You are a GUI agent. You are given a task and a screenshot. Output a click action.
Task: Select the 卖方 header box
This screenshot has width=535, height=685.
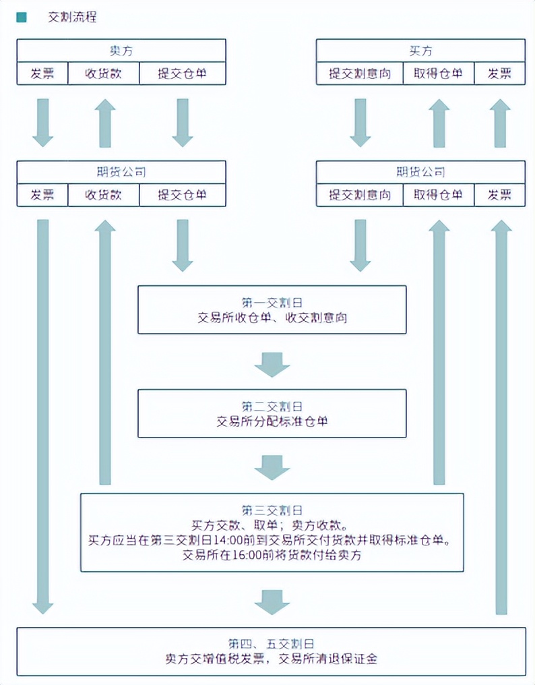point(121,51)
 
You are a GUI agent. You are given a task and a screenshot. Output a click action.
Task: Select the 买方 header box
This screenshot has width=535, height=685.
point(420,51)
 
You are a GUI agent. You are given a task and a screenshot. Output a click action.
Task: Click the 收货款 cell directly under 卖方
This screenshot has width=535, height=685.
point(103,73)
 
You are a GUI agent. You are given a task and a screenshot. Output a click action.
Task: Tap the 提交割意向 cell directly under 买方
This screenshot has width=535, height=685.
point(360,73)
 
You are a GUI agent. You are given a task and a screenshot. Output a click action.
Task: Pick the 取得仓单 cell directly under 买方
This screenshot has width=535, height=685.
point(439,73)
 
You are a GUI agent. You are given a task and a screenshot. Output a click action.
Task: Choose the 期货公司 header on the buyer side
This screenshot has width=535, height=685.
point(420,172)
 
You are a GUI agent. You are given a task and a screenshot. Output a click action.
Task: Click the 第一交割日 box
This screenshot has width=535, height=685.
point(272,309)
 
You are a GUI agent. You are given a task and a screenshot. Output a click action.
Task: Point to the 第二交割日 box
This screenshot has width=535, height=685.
point(272,413)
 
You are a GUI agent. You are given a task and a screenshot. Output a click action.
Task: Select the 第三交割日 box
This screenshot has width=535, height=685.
point(272,533)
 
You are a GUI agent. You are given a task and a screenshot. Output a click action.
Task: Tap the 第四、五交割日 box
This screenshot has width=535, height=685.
point(272,651)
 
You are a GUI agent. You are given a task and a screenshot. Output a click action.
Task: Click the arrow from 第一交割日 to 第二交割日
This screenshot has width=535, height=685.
point(272,363)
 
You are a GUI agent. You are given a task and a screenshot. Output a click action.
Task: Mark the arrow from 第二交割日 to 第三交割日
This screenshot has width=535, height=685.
point(272,467)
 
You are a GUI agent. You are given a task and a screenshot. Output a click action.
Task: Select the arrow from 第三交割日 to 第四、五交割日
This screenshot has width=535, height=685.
point(272,601)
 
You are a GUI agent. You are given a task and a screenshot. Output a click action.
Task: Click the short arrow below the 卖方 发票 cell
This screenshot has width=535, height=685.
point(42,122)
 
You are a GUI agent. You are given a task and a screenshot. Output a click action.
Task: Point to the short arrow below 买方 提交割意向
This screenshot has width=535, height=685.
point(360,122)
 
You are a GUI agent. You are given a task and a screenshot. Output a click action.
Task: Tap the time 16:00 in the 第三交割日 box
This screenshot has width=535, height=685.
point(261,556)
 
